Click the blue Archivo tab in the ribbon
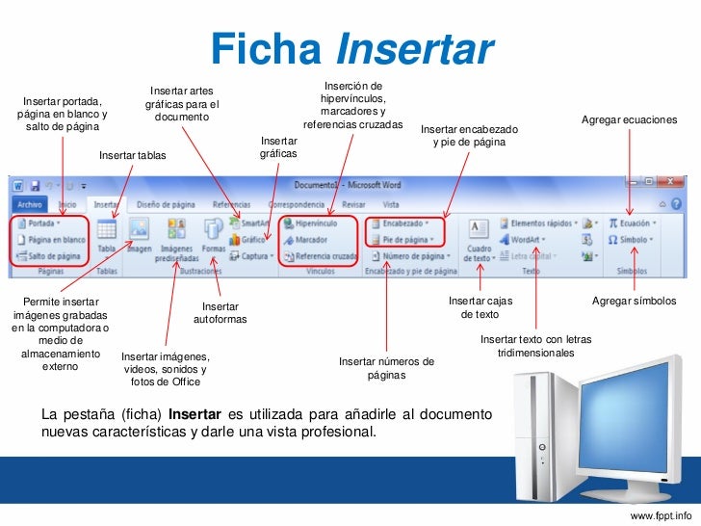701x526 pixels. coord(29,204)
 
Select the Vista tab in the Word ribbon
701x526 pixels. coord(391,204)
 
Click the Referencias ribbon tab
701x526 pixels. coord(231,204)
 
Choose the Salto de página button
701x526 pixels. coord(50,257)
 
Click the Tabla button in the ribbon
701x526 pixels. coord(107,234)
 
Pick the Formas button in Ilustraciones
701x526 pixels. coord(213,234)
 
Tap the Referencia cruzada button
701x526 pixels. coord(324,257)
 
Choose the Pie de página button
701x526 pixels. coord(403,240)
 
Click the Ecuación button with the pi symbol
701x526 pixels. coord(632,223)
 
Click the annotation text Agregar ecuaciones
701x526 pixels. coord(630,119)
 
